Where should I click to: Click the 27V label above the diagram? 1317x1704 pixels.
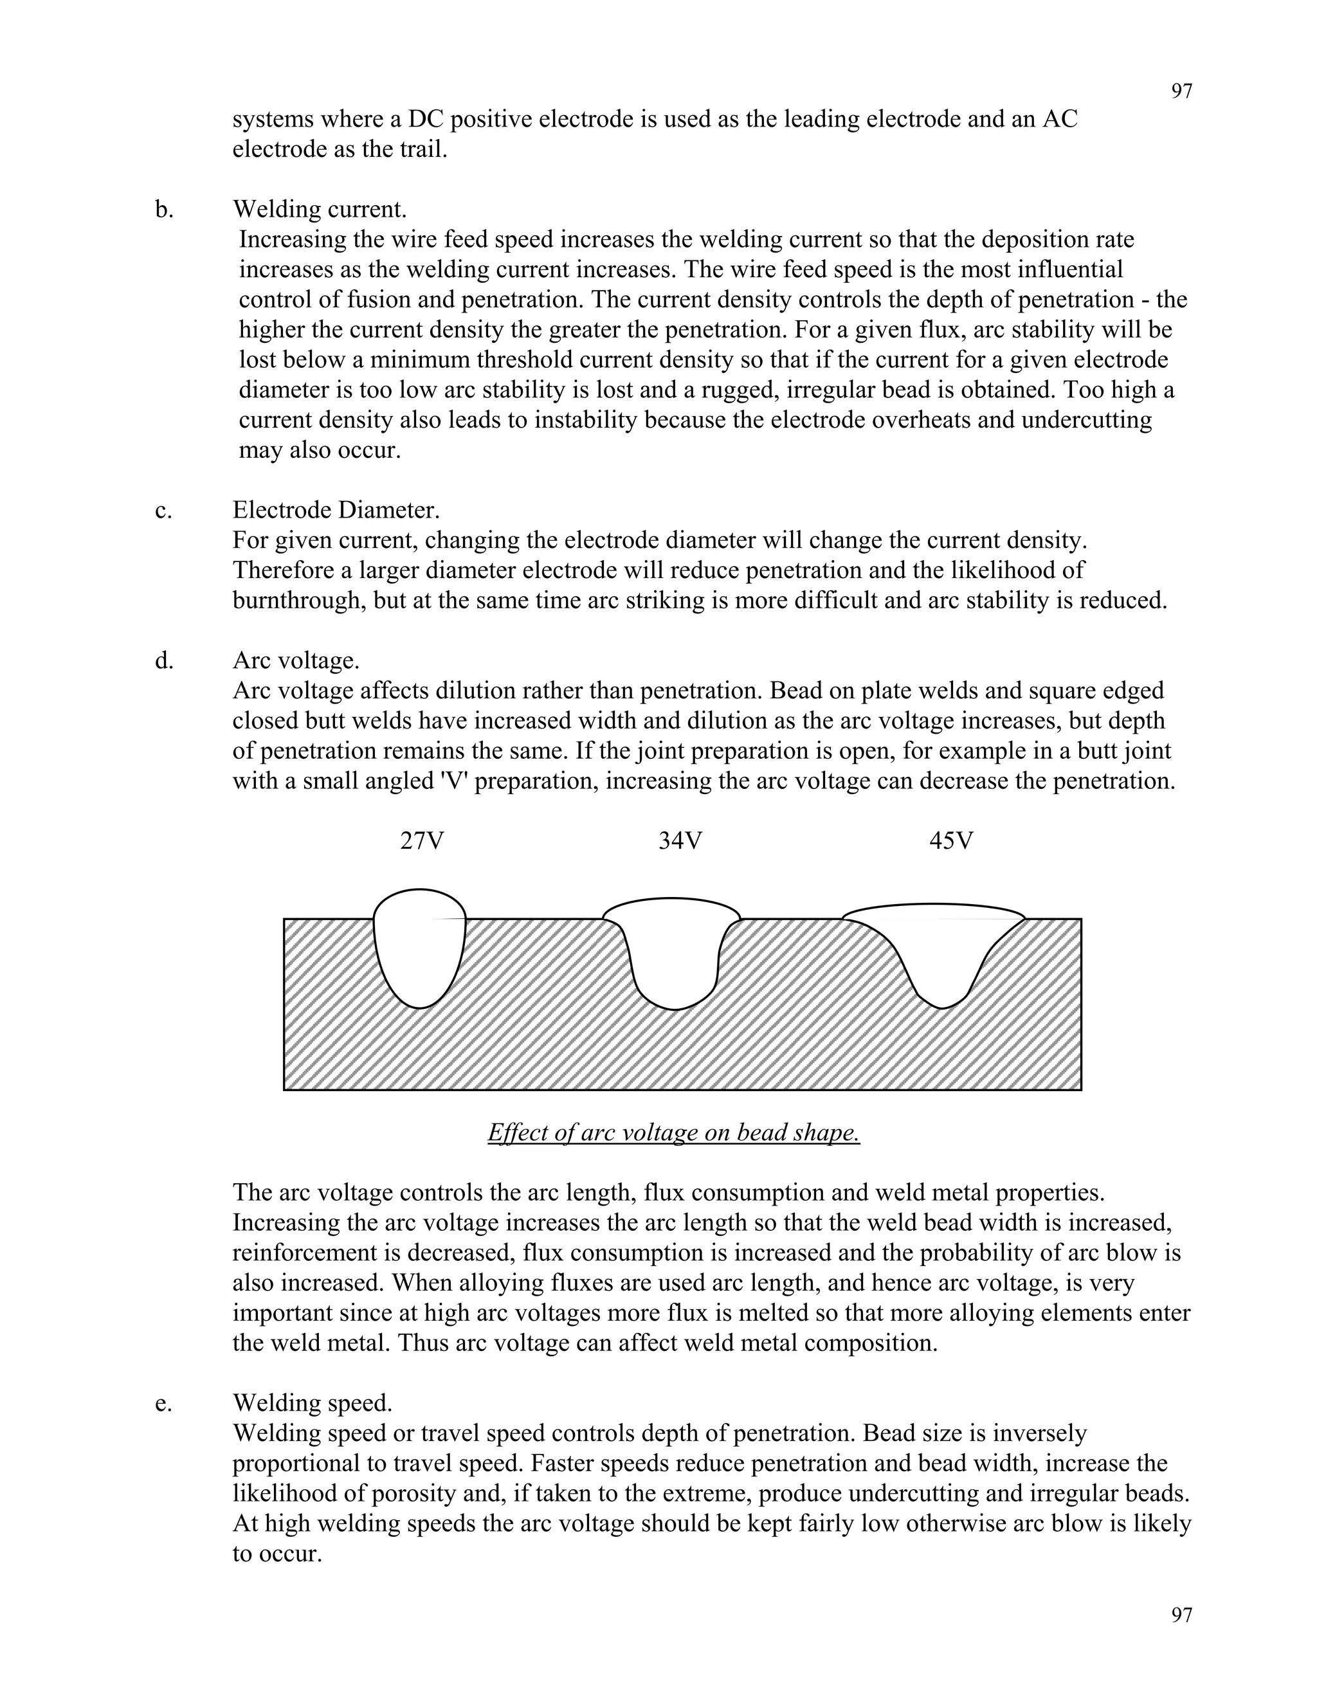point(421,840)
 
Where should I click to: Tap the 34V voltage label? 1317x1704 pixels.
point(680,840)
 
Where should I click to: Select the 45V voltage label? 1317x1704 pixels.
point(951,840)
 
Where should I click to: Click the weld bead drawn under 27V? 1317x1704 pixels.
point(420,948)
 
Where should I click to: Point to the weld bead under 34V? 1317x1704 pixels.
point(673,956)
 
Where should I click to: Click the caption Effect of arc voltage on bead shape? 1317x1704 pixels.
point(673,1132)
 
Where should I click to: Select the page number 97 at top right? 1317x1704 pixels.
point(1181,91)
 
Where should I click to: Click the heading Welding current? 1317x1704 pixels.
point(319,209)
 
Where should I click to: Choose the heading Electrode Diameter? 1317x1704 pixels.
point(336,511)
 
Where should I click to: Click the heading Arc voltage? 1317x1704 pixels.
point(296,661)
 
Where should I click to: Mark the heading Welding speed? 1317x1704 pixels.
point(312,1403)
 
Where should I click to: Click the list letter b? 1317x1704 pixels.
point(164,209)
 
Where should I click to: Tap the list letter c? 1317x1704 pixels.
point(163,511)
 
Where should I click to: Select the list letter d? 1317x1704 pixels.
point(164,661)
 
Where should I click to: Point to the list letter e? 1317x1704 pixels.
point(163,1403)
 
